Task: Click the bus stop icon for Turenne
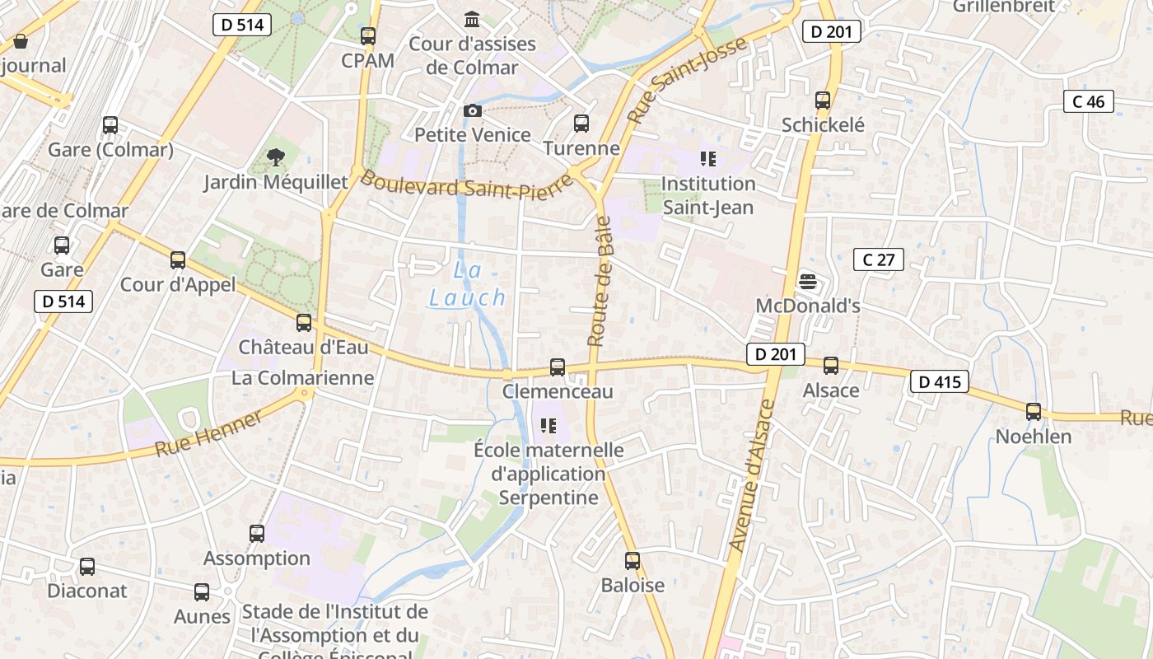(581, 124)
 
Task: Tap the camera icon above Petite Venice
(473, 110)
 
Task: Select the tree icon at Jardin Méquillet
(276, 157)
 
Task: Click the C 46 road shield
(1089, 102)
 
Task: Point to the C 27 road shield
(879, 260)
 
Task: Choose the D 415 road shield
(940, 381)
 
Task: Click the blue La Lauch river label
(467, 284)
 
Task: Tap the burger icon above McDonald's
(808, 282)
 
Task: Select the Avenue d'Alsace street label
(752, 475)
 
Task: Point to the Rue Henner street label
(209, 433)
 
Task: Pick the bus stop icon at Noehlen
(1034, 412)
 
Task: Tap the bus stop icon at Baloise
(633, 561)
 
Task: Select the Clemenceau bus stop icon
(558, 367)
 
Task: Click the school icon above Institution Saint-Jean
(708, 158)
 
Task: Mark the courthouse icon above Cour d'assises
(473, 19)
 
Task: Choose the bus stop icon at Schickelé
(823, 100)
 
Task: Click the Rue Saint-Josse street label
(687, 79)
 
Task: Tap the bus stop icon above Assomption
(257, 534)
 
